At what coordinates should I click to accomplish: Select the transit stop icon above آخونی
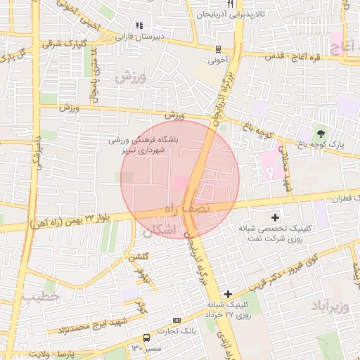click(x=219, y=49)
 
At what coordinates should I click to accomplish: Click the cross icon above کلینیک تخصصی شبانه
click(x=275, y=217)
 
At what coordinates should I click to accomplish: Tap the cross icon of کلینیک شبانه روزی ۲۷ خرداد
click(x=227, y=293)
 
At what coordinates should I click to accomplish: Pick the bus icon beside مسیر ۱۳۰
click(x=146, y=337)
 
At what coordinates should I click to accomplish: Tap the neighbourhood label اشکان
click(x=158, y=230)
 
